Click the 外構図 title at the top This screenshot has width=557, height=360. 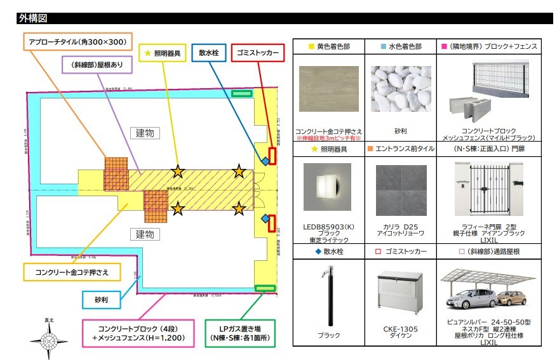click(x=33, y=18)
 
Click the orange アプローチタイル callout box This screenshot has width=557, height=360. click(x=77, y=43)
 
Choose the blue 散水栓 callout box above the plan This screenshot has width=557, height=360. click(x=208, y=54)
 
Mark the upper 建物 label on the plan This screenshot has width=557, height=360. click(x=145, y=133)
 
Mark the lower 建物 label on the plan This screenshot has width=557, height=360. click(x=145, y=234)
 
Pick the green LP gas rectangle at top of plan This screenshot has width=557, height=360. click(x=241, y=93)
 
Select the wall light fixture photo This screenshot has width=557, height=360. click(x=328, y=189)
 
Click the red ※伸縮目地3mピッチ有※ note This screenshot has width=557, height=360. click(x=328, y=138)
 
